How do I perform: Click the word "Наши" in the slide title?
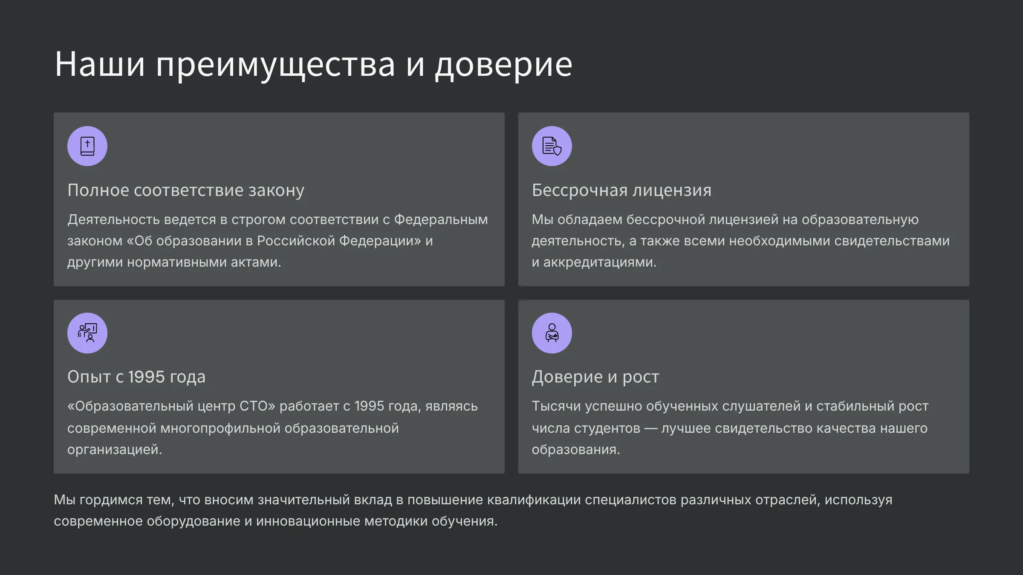(100, 64)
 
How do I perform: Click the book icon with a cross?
(87, 146)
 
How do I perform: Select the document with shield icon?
(552, 146)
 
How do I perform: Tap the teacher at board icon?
(87, 333)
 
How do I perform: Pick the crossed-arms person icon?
(552, 333)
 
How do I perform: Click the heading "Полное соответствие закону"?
(186, 190)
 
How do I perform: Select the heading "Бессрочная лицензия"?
(621, 190)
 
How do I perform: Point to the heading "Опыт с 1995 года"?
(136, 377)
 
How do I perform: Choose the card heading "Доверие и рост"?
(595, 377)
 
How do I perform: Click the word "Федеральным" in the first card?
(441, 220)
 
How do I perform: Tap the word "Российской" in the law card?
(296, 241)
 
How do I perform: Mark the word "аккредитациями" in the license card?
(600, 262)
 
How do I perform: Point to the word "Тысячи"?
(556, 406)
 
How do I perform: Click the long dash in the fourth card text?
(651, 428)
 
